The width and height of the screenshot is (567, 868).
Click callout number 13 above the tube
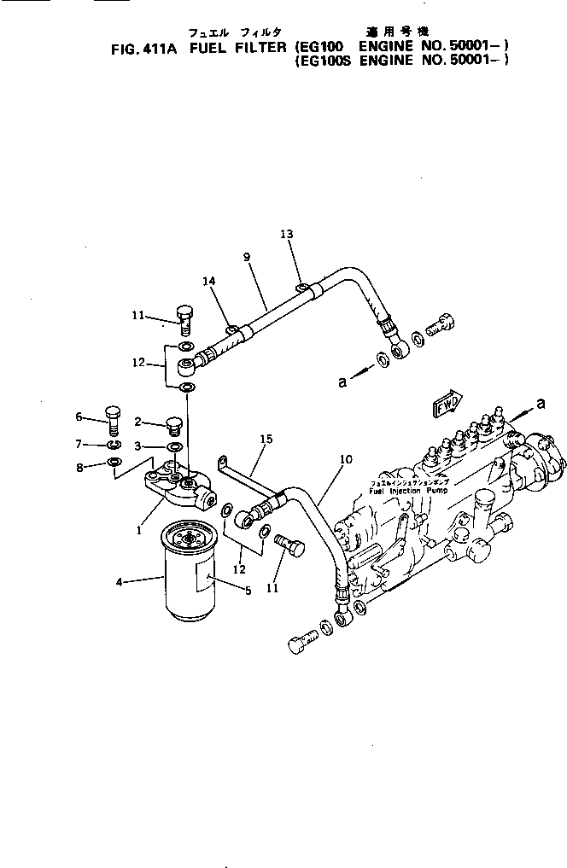(285, 234)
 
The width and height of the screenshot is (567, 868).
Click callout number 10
(345, 459)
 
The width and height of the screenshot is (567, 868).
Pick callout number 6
(79, 417)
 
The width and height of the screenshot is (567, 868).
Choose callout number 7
(79, 444)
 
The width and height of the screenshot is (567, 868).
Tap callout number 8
(79, 468)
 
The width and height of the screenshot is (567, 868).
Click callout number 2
(136, 422)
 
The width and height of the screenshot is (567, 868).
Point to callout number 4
(120, 583)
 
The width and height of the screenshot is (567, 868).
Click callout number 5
(248, 591)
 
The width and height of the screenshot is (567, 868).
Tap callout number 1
(137, 530)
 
